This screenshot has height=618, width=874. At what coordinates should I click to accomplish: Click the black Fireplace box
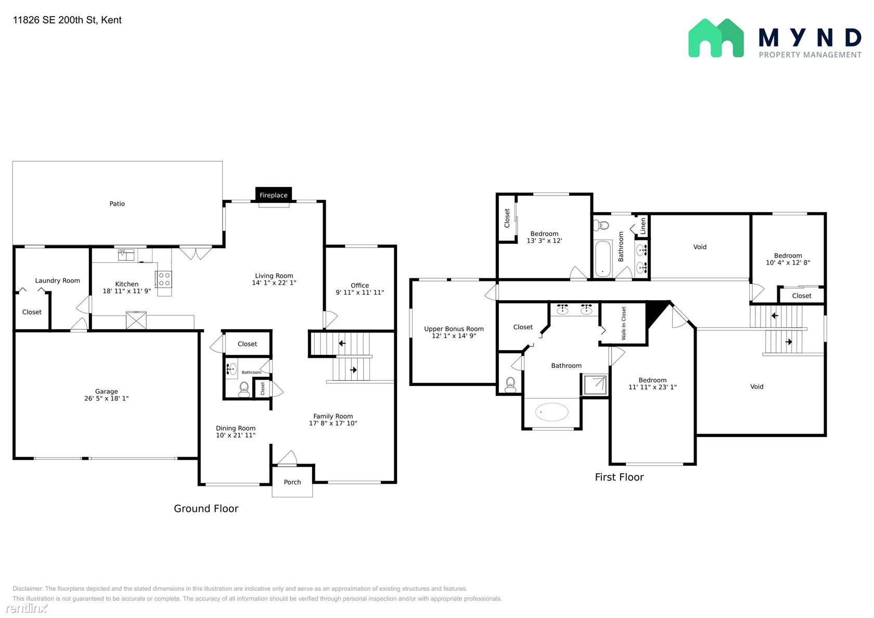point(274,195)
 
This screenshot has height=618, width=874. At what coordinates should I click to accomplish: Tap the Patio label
point(117,204)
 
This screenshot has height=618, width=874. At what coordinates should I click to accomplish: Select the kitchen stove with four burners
point(164,279)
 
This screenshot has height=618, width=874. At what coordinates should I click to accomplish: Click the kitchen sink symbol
point(126,255)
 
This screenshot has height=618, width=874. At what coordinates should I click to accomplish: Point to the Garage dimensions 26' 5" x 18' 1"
point(107,398)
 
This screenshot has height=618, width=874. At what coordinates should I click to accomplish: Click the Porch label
point(292,482)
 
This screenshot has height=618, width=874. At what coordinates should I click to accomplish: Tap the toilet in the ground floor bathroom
point(245,389)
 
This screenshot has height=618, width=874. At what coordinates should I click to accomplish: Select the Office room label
point(360,286)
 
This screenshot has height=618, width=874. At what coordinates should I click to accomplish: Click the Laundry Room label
point(57,281)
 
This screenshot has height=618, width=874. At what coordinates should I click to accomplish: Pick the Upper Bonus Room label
point(454,329)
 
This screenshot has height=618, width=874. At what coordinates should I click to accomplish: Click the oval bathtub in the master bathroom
point(551,412)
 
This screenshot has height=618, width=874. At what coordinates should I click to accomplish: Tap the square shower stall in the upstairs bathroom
point(595,385)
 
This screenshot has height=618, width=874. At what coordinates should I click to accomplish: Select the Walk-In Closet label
point(623,323)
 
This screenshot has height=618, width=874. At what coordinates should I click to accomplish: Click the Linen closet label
point(643,226)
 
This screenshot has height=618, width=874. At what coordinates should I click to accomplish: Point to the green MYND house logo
point(716,38)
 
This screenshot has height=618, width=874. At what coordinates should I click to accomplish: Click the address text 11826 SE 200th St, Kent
point(67,20)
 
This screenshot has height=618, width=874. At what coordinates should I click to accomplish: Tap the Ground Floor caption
point(206,508)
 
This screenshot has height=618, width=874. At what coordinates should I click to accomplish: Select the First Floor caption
point(619,477)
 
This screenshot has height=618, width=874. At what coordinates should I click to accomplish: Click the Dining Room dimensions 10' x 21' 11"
point(236,435)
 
